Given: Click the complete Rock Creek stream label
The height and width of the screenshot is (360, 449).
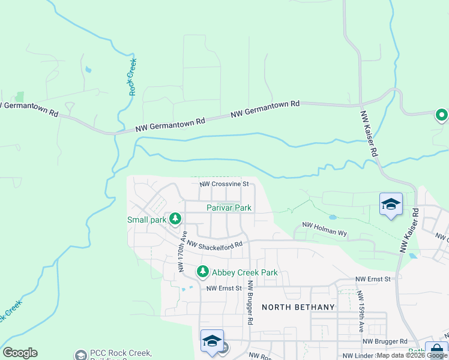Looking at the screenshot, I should coord(133,77).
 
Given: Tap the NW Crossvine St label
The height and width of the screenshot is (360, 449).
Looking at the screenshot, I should coord(223,184).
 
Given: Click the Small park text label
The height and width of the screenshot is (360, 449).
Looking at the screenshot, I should coord(146,220).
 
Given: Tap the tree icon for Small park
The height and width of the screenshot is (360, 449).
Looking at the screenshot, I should coord(175,218).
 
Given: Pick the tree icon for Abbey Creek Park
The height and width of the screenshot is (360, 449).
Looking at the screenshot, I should coord(203,272).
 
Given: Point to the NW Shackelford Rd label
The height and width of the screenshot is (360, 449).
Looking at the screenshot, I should coord(214,244).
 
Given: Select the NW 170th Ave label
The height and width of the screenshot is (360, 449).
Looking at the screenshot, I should coord(182,252).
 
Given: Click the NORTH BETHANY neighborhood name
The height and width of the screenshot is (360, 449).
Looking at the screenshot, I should coord(298,307).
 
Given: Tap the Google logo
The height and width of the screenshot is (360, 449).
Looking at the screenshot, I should coord(20,353).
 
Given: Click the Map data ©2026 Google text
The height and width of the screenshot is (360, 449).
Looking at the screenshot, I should coord(411,356).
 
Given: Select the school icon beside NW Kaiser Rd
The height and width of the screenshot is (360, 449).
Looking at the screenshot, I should coord(390,205).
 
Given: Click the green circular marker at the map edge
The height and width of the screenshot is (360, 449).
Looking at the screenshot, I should coord(442,115).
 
